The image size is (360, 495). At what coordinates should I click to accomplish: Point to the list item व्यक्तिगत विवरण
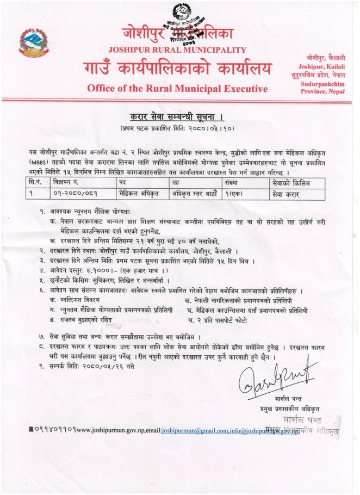coord(83,300)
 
